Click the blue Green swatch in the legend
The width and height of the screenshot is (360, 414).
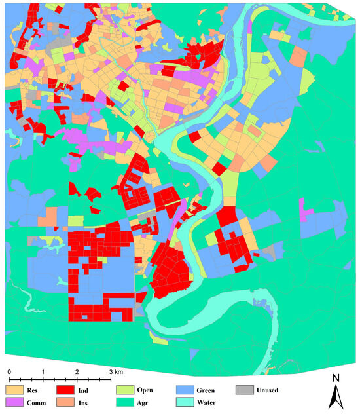coord(185,390)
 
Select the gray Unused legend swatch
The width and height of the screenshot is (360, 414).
coord(245,390)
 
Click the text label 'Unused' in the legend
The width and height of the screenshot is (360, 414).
coord(267,390)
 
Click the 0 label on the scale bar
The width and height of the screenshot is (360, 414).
coord(9,372)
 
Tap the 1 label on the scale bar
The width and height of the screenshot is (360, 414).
coord(43,372)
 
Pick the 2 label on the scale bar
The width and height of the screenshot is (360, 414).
coord(77,372)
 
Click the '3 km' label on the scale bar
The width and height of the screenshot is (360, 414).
coord(115,372)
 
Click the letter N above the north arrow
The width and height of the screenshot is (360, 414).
coord(335,378)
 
